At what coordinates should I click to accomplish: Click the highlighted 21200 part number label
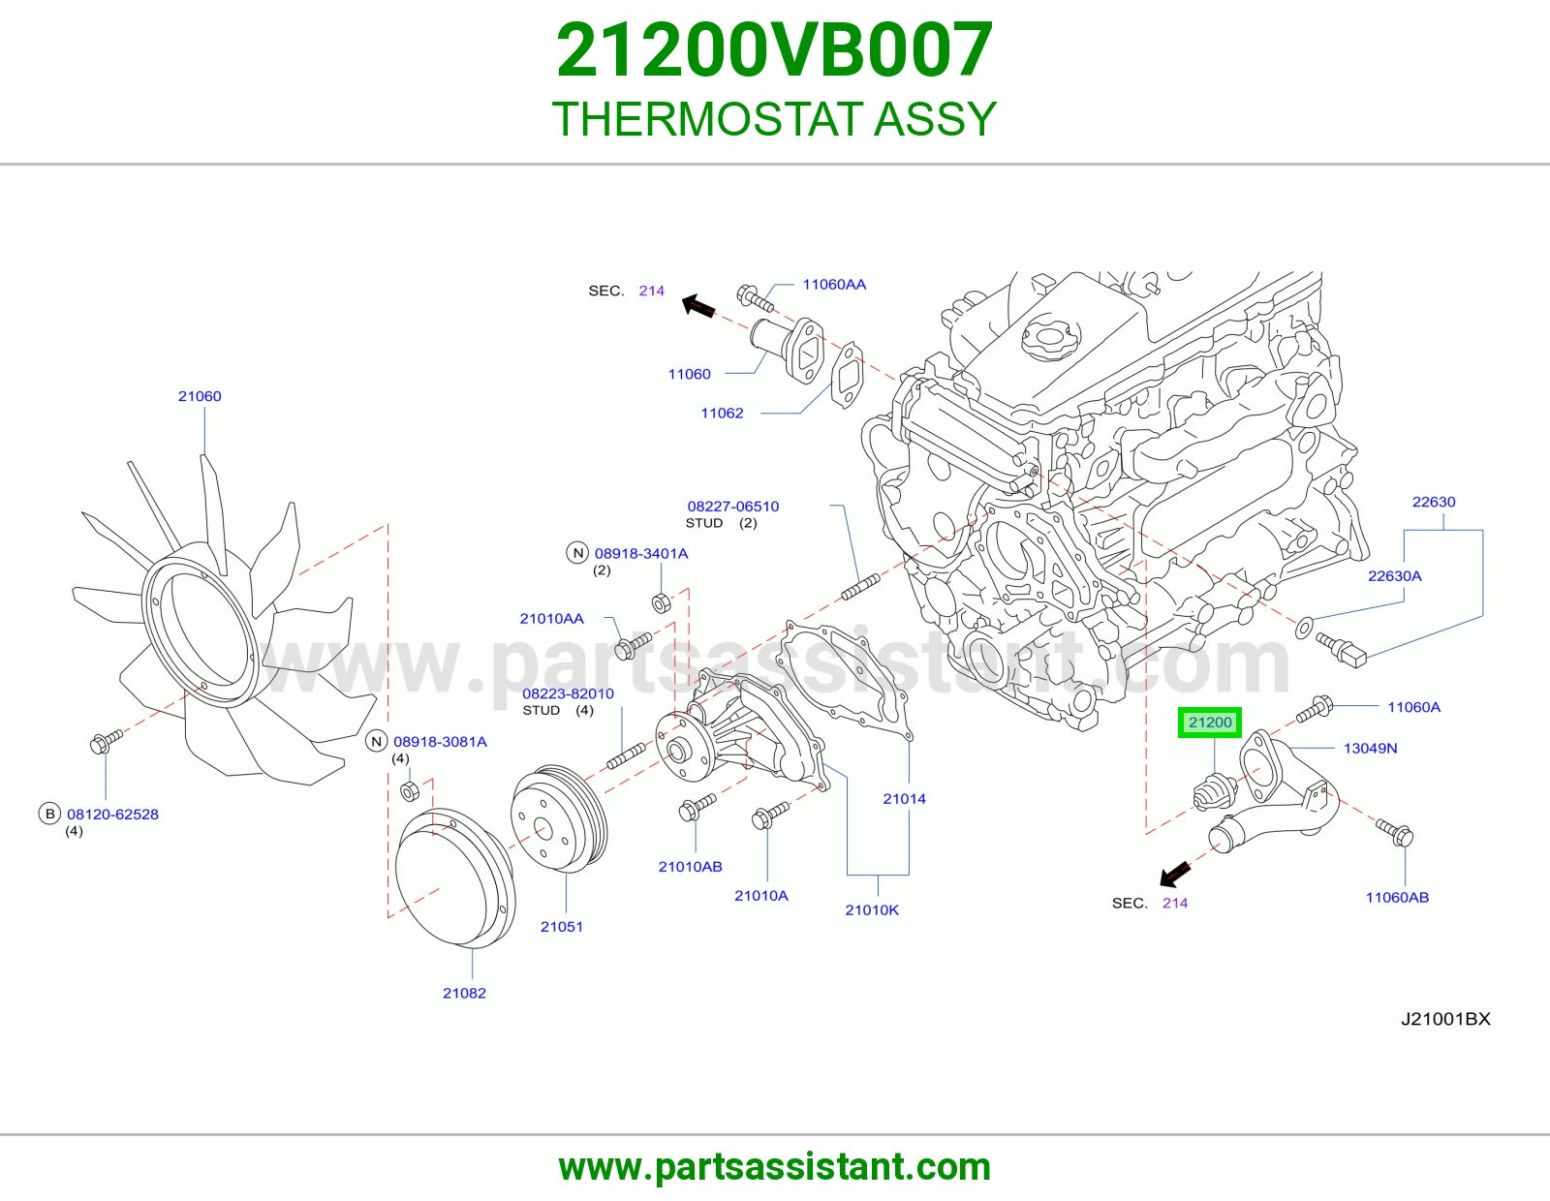coord(1210,723)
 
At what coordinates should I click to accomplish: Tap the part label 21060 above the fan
coord(200,396)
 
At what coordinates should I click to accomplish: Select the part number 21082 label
coord(464,993)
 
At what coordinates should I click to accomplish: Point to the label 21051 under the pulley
coord(562,927)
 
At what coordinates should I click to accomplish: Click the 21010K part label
coord(873,910)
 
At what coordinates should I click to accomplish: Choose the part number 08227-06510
coord(733,507)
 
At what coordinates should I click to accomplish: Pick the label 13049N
coord(1370,748)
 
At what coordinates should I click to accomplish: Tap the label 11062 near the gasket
coord(722,413)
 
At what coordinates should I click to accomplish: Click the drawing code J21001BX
coord(1445,1019)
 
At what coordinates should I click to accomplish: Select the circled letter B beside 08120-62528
coord(50,814)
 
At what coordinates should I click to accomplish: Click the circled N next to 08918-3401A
coord(577,553)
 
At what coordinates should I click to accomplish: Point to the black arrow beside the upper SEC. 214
coord(698,306)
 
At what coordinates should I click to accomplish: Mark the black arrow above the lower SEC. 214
coord(1175,874)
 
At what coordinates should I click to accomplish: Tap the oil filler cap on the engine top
coord(1051,337)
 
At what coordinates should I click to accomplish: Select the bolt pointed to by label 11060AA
coord(755,298)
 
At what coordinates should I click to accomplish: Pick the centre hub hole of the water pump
coord(677,751)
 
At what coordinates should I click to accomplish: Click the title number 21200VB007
coord(775,50)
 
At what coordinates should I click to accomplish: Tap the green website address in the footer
coord(775,1167)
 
